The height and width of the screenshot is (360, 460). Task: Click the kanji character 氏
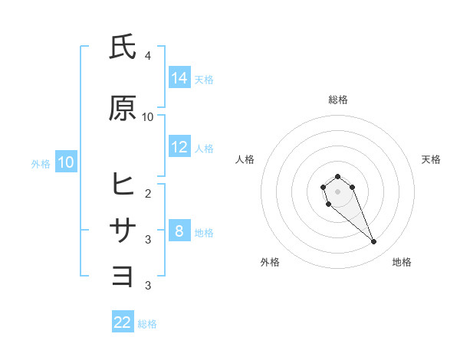[x=123, y=47]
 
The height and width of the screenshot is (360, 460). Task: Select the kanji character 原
[x=123, y=108]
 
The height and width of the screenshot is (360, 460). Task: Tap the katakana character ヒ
[x=123, y=185]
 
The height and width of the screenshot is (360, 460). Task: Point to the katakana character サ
[x=123, y=230]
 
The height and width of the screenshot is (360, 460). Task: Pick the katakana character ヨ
[x=123, y=275]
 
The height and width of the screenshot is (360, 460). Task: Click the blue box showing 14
[x=179, y=77]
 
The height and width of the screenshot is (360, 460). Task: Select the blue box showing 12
[x=179, y=147]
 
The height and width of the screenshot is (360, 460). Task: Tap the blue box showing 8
[x=179, y=231]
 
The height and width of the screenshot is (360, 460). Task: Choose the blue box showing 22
[x=123, y=322]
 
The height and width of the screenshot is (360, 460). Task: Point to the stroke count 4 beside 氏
[x=148, y=56]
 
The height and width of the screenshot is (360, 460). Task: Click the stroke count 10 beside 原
[x=148, y=116]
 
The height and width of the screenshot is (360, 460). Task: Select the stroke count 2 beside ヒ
[x=148, y=193]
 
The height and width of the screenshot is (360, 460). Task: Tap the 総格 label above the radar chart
[x=337, y=100]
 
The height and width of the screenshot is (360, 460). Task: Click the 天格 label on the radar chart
[x=431, y=159]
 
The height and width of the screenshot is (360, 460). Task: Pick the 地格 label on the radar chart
[x=402, y=262]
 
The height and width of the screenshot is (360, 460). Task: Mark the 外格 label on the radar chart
[x=270, y=262]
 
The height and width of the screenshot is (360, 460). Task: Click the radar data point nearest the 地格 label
[x=374, y=242]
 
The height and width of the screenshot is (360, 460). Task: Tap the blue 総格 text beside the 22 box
[x=147, y=324]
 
